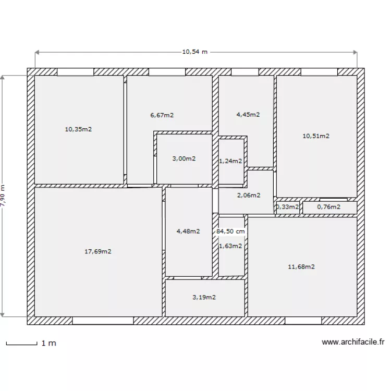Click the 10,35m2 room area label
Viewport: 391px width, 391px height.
tap(78, 129)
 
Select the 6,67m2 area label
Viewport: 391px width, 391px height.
tap(162, 115)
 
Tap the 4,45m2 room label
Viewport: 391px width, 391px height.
tap(248, 115)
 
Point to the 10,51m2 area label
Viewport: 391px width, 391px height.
tap(316, 136)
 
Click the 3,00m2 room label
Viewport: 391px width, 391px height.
tap(184, 158)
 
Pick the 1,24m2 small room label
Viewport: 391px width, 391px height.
tap(230, 161)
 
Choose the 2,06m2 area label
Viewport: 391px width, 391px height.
tap(249, 195)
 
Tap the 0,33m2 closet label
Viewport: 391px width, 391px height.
tap(287, 207)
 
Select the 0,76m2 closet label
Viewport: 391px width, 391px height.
tap(329, 207)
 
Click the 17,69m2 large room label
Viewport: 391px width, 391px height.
tap(98, 251)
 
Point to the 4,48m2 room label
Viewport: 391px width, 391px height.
tap(188, 231)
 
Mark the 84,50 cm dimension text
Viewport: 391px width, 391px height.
tap(230, 231)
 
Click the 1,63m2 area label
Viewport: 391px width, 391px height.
tap(230, 246)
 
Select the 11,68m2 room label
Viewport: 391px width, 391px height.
tap(301, 267)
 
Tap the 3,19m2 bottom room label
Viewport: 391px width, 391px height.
tap(204, 297)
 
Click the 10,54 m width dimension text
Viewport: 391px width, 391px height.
tap(195, 52)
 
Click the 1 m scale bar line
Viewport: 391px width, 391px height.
tap(21, 344)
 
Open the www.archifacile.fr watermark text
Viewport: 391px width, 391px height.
tap(353, 343)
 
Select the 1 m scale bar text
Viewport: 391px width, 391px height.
tap(48, 343)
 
